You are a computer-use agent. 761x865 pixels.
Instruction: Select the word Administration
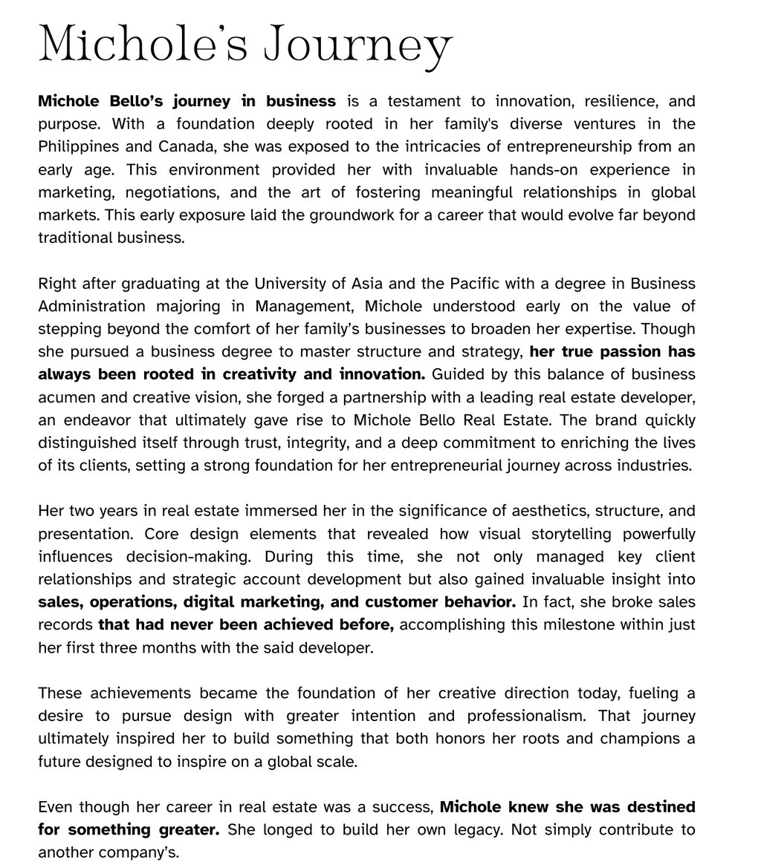click(91, 306)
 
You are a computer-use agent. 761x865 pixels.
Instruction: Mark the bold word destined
click(652, 806)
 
